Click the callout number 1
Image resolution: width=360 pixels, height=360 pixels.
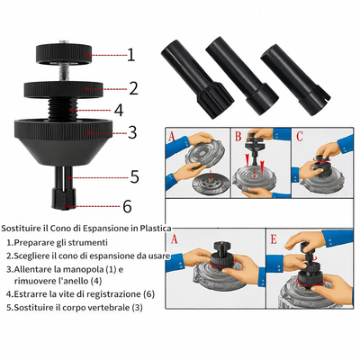pyautogui.click(x=131, y=55)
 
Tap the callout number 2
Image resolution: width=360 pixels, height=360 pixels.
pyautogui.click(x=133, y=88)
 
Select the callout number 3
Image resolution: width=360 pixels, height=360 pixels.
pyautogui.click(x=132, y=132)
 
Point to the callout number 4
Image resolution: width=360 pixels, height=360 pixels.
pyautogui.click(x=119, y=110)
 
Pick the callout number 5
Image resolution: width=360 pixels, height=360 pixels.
pyautogui.click(x=134, y=176)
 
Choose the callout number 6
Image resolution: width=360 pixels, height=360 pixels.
pyautogui.click(x=127, y=206)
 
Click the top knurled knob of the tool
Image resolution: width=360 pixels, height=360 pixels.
pyautogui.click(x=63, y=54)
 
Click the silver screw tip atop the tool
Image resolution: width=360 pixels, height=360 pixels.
pyautogui.click(x=63, y=41)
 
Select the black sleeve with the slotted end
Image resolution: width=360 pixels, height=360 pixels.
pyautogui.click(x=295, y=80)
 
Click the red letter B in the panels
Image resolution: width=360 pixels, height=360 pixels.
pyautogui.click(x=238, y=136)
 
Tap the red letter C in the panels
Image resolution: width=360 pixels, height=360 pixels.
pyautogui.click(x=300, y=136)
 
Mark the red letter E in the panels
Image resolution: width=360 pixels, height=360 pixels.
pyautogui.click(x=274, y=239)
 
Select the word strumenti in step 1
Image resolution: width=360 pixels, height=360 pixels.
pyautogui.click(x=90, y=242)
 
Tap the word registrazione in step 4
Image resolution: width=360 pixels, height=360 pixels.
pyautogui.click(x=118, y=294)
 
